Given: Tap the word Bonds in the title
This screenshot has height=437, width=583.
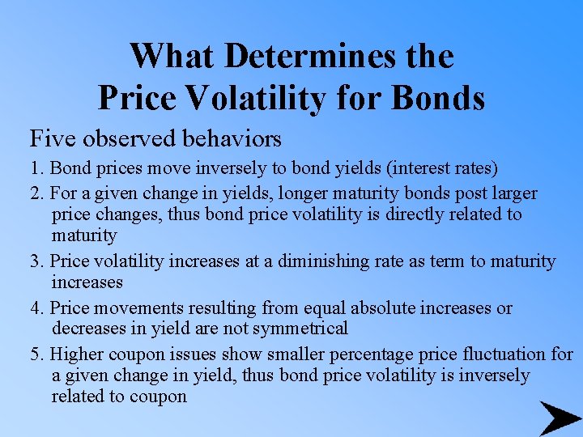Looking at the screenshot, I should (x=440, y=98).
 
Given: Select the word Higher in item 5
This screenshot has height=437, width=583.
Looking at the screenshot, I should (x=78, y=354).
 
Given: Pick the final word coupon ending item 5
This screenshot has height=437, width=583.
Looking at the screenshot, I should (x=160, y=397).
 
